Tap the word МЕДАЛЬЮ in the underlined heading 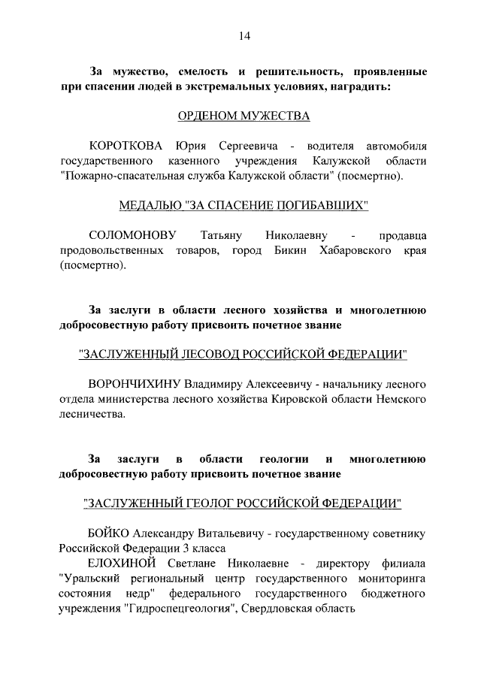tap(150, 204)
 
